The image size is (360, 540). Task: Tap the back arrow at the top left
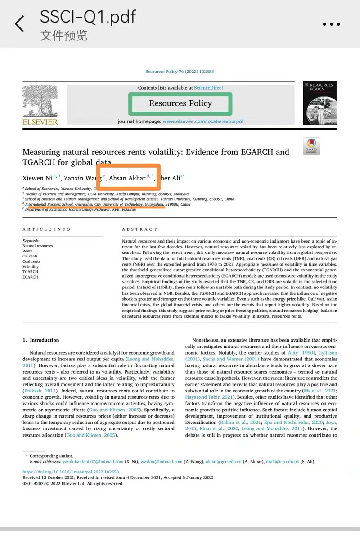click(x=19, y=23)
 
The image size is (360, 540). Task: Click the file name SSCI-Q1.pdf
click(x=88, y=17)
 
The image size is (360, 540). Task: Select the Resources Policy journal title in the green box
click(x=180, y=103)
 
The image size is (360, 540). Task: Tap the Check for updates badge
click(x=311, y=146)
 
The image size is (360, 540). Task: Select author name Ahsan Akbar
click(x=127, y=178)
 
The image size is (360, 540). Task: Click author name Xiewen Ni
click(x=37, y=178)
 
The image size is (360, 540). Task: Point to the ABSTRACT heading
click(x=139, y=229)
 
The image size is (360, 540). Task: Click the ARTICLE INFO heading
click(x=47, y=229)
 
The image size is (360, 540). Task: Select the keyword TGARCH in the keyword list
click(x=31, y=272)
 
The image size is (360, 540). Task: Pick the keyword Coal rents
click(x=31, y=261)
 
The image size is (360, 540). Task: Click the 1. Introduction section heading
click(x=41, y=340)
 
